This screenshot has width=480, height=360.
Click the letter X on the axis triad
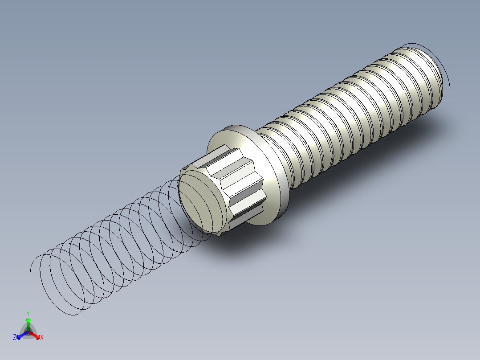click(42, 338)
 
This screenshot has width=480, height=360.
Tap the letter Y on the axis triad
click(28, 313)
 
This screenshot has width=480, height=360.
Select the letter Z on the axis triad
click(15, 337)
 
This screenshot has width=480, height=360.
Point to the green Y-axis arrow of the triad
click(28, 323)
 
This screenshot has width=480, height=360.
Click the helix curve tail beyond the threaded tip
click(448, 80)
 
